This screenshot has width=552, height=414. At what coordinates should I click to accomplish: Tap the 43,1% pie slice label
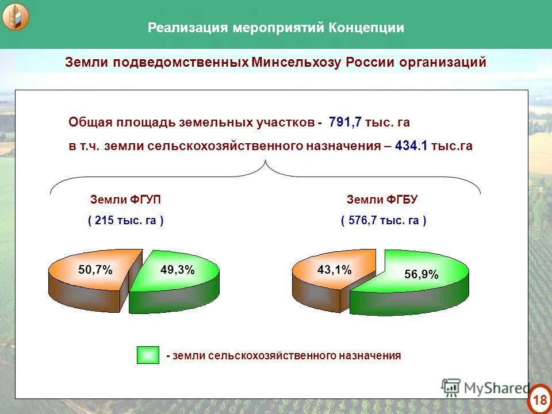[x=334, y=270]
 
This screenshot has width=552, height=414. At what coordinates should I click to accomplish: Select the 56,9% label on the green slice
[x=421, y=275]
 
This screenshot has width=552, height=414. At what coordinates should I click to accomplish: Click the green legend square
[x=148, y=355]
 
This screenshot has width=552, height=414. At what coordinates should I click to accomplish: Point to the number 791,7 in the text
[x=347, y=122]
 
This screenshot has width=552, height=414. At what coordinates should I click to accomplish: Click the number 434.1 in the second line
[x=411, y=146]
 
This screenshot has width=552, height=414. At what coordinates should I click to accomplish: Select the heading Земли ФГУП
[x=125, y=200]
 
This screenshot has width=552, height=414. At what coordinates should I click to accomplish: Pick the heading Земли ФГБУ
[x=382, y=200]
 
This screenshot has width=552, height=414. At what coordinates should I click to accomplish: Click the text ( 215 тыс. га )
[x=125, y=220]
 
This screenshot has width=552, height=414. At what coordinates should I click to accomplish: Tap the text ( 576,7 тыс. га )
[x=383, y=220]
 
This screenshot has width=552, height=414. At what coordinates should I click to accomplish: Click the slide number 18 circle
[x=539, y=399]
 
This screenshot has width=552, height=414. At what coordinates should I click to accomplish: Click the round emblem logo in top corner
[x=15, y=17]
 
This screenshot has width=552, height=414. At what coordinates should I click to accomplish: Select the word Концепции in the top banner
[x=366, y=28]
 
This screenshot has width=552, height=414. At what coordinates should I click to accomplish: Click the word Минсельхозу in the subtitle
[x=297, y=62]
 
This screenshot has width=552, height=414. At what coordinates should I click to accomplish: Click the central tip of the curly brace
[x=266, y=163]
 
